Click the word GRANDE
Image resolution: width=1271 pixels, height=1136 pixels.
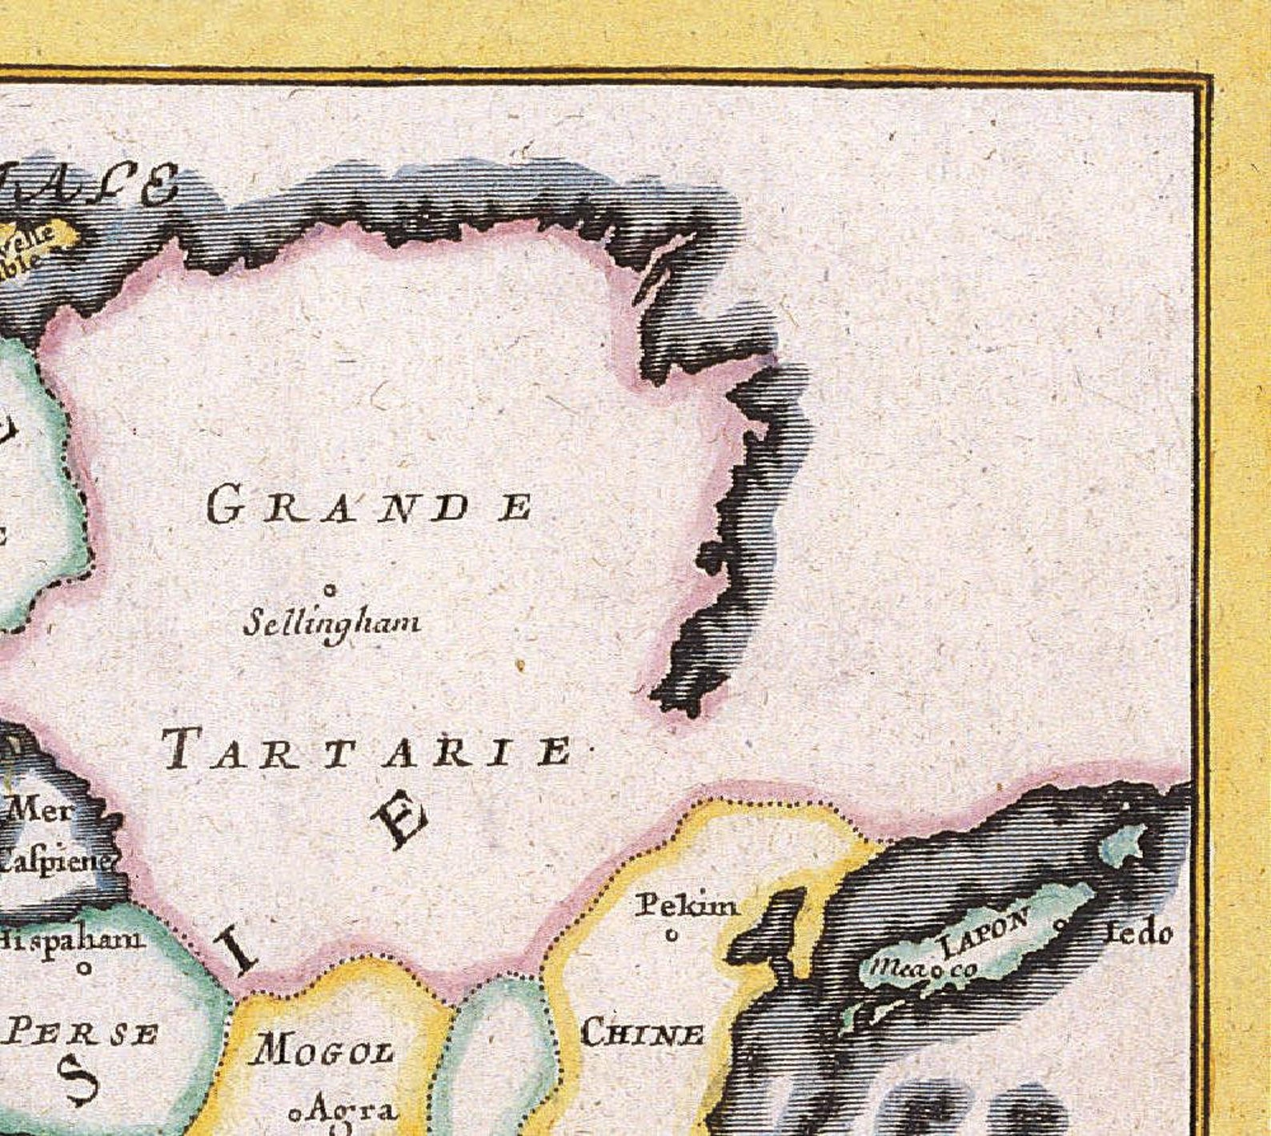pyautogui.click(x=369, y=506)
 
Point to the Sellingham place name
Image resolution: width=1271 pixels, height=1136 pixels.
pyautogui.click(x=331, y=622)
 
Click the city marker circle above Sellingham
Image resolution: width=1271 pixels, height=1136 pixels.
pyautogui.click(x=329, y=590)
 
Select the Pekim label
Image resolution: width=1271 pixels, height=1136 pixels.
pyautogui.click(x=687, y=906)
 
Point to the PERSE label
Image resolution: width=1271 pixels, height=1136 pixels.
pyautogui.click(x=80, y=1034)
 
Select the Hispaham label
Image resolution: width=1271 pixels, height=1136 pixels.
pyautogui.click(x=72, y=938)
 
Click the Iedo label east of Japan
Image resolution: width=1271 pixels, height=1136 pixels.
pyautogui.click(x=1140, y=933)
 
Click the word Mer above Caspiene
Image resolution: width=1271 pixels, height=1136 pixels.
pyautogui.click(x=40, y=810)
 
